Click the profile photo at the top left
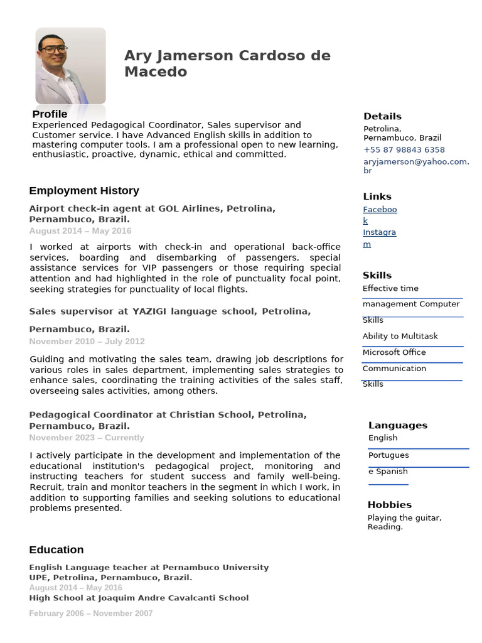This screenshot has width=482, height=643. pyautogui.click(x=70, y=65)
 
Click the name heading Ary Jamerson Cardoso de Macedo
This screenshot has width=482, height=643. pyautogui.click(x=227, y=63)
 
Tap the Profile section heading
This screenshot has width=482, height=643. pyautogui.click(x=50, y=114)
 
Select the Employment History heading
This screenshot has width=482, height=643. pyautogui.click(x=84, y=190)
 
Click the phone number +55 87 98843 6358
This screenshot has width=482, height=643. pyautogui.click(x=404, y=149)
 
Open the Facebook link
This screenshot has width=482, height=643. pyautogui.click(x=380, y=215)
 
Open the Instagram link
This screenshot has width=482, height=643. pyautogui.click(x=379, y=238)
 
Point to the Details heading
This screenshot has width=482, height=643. pyautogui.click(x=382, y=116)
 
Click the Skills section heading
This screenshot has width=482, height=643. pyautogui.click(x=377, y=275)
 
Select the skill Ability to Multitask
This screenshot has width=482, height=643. pyautogui.click(x=400, y=336)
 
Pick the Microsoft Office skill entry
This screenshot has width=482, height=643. pyautogui.click(x=394, y=352)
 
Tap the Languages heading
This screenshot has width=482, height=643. pyautogui.click(x=397, y=425)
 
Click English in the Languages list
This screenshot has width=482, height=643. pyautogui.click(x=383, y=438)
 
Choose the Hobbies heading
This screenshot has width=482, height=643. pyautogui.click(x=389, y=504)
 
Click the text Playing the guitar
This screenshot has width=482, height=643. pyautogui.click(x=404, y=518)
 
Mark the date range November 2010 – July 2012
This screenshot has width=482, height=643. pyautogui.click(x=87, y=341)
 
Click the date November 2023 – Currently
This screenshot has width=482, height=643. pyautogui.click(x=87, y=438)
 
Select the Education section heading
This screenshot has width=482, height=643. pyautogui.click(x=56, y=549)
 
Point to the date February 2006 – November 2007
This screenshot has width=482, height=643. pyautogui.click(x=90, y=613)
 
